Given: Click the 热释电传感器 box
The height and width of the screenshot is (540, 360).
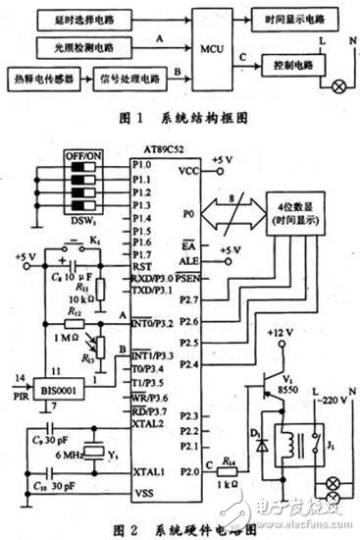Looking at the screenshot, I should [37, 76].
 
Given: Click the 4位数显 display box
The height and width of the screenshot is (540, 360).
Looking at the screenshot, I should [298, 214].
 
